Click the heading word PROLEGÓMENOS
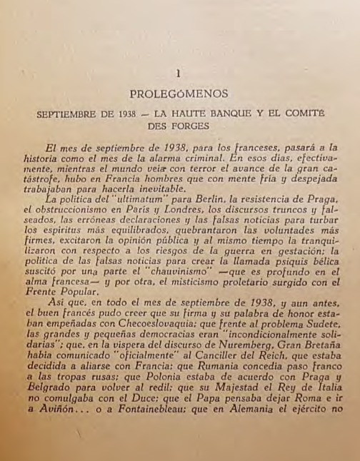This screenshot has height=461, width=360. pyautogui.click(x=179, y=93)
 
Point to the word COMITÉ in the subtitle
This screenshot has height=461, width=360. pyautogui.click(x=306, y=113)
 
